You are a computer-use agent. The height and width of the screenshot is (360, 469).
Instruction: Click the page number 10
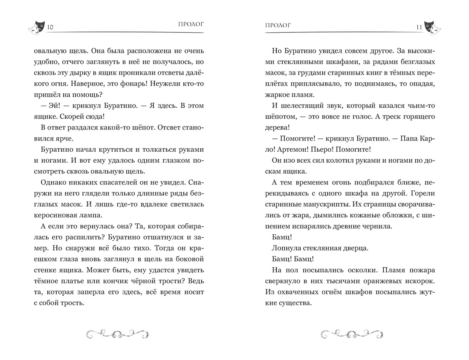[49, 28]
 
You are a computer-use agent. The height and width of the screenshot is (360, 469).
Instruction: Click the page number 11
[419, 28]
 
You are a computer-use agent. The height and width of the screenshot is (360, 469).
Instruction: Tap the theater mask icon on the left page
[36, 28]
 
